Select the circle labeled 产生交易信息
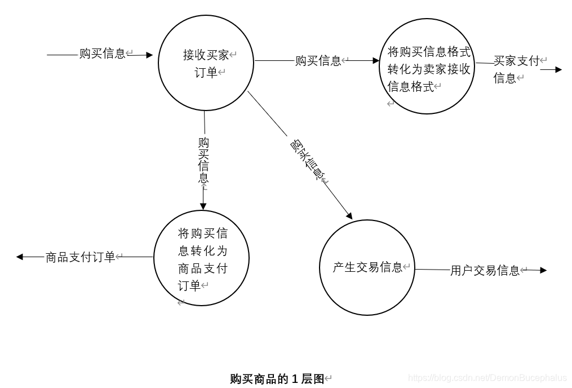tap(367, 267)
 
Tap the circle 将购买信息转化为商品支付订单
tap(202, 258)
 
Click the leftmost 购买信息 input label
tap(102, 54)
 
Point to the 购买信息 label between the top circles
tap(318, 61)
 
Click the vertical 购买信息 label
tap(203, 160)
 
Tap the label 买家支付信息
tap(516, 69)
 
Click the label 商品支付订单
tap(80, 257)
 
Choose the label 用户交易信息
tap(485, 271)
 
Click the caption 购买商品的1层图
tap(277, 379)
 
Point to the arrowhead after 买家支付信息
tap(558, 69)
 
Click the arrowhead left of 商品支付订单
tap(20, 257)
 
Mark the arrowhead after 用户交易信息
tap(543, 271)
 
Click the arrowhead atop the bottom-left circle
tap(203, 206)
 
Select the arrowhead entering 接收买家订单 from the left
tap(149, 55)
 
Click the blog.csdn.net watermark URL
tap(487, 378)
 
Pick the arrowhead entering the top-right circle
tap(377, 61)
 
